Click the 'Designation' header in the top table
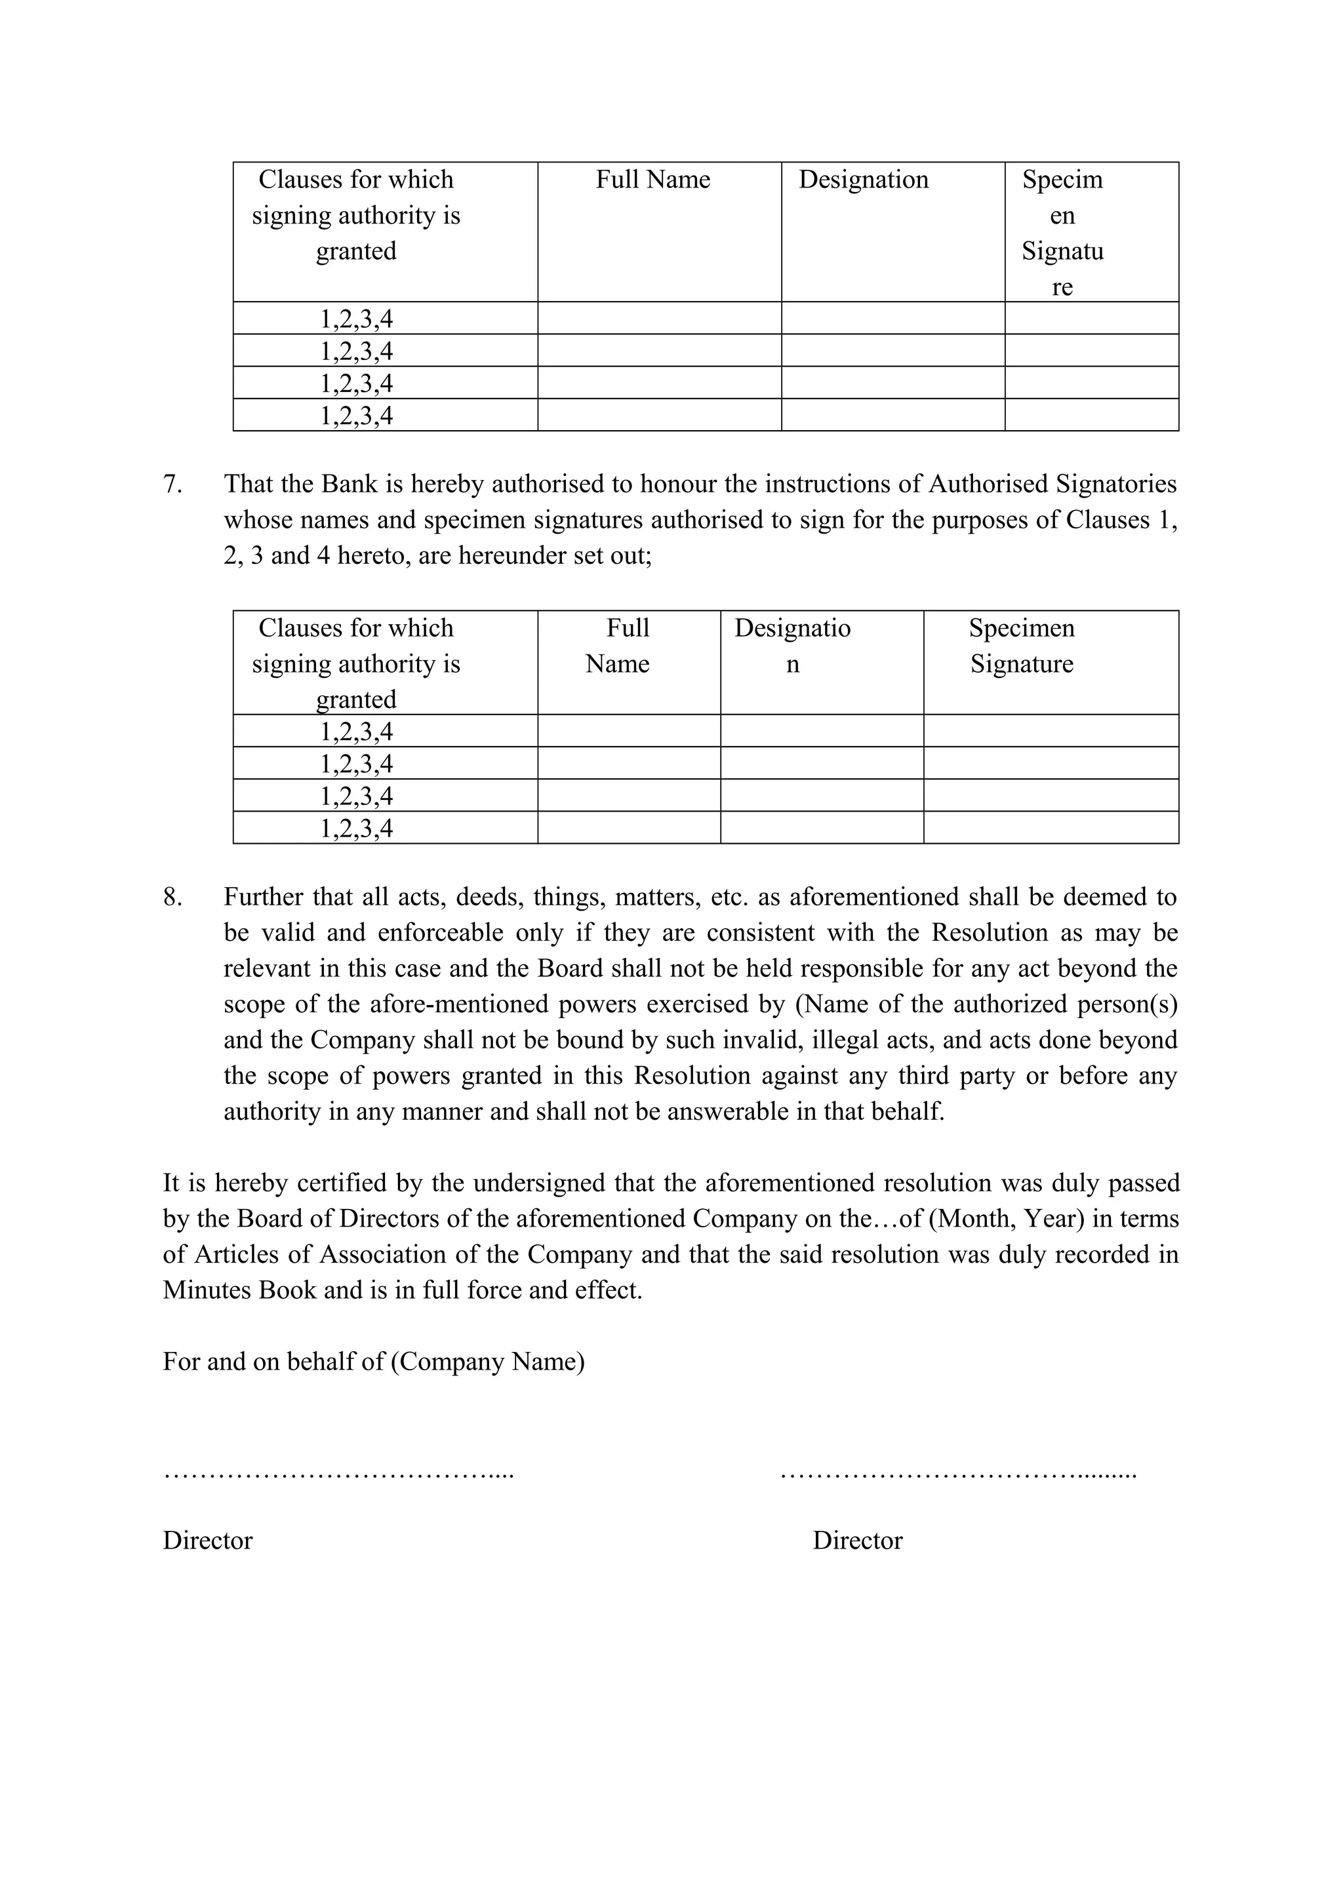pyautogui.click(x=863, y=180)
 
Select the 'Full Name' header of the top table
pyautogui.click(x=653, y=180)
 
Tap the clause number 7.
pyautogui.click(x=172, y=484)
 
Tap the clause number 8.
pyautogui.click(x=172, y=897)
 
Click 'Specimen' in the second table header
pyautogui.click(x=1022, y=628)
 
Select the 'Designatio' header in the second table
pyautogui.click(x=792, y=628)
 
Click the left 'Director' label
pyautogui.click(x=208, y=1540)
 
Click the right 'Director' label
pyautogui.click(x=857, y=1540)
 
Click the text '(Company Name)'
pyautogui.click(x=487, y=1361)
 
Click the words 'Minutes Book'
pyautogui.click(x=240, y=1290)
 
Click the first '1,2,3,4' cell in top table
pyautogui.click(x=357, y=319)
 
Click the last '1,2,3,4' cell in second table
pyautogui.click(x=357, y=828)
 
